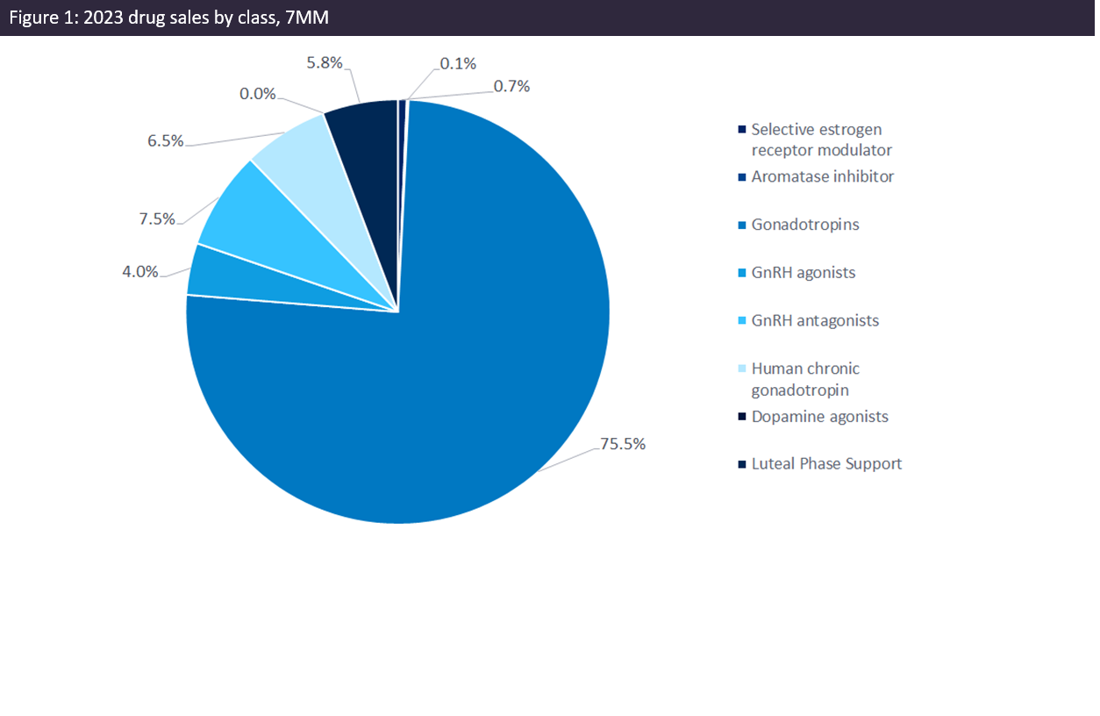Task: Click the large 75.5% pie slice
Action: [456, 369]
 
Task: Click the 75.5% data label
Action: [623, 444]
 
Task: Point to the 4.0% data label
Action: [140, 271]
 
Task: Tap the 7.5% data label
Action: [157, 218]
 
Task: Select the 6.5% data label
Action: [165, 140]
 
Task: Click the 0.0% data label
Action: [258, 93]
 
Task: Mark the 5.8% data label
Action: [324, 63]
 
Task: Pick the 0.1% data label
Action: [458, 63]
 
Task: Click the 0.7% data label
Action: [511, 86]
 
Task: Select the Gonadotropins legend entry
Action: [804, 225]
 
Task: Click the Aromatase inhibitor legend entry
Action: [822, 176]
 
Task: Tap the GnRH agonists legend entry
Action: [803, 272]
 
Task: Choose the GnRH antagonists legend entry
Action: [814, 320]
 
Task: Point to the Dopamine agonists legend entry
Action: [819, 416]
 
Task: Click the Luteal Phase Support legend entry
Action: [825, 463]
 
